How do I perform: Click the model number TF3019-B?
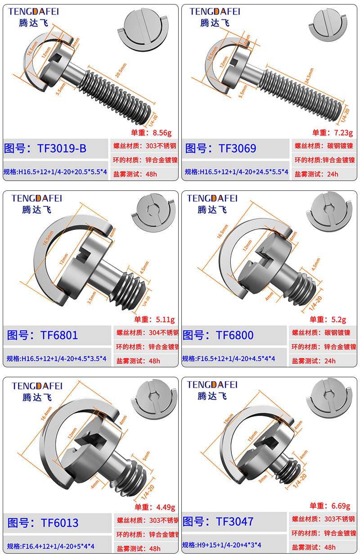click(x=60, y=149)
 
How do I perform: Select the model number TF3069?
click(x=237, y=149)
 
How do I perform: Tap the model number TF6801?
click(x=59, y=335)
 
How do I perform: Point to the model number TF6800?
click(x=234, y=335)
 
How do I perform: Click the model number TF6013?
click(x=59, y=523)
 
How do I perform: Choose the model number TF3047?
click(x=234, y=522)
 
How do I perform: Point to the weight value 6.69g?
click(x=337, y=506)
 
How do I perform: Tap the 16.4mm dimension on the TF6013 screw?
click(x=47, y=413)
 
